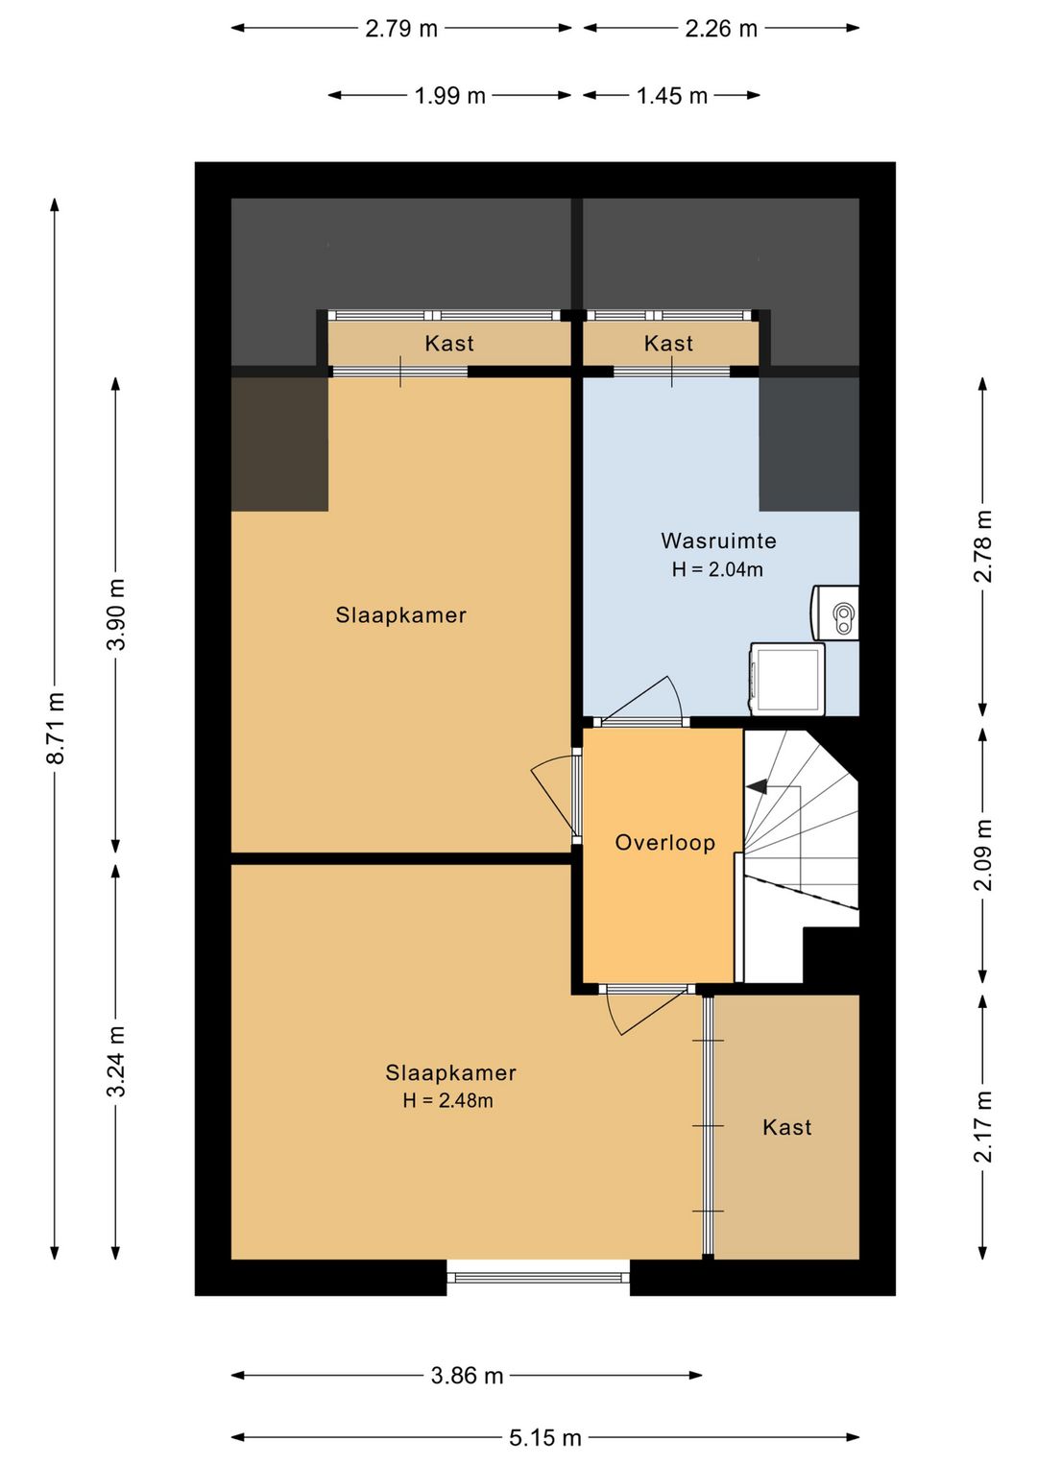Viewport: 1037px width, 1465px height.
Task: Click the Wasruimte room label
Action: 717,540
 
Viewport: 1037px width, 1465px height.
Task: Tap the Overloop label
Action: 664,843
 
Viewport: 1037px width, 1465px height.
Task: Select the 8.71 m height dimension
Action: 56,728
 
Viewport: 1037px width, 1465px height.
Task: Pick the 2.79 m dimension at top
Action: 401,29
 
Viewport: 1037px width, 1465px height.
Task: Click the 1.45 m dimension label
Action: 672,96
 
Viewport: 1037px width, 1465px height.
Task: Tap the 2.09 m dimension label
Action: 982,854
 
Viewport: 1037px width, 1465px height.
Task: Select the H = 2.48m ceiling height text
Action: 447,1101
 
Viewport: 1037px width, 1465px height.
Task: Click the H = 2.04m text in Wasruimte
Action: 717,569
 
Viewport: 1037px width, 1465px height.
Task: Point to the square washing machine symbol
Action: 787,679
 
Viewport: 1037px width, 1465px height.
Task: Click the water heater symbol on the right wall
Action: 834,612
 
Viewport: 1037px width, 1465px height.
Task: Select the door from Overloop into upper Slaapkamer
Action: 557,797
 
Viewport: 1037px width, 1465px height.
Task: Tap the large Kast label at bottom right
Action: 787,1127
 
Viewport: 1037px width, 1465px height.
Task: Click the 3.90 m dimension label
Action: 116,614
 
